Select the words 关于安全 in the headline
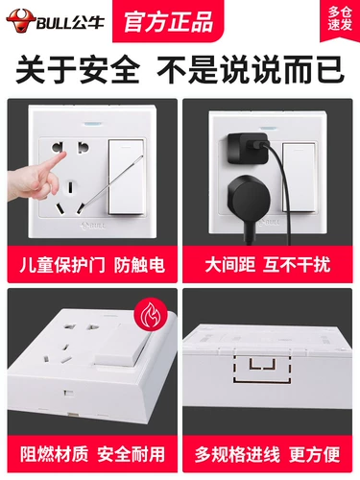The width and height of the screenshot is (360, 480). pyautogui.click(x=78, y=70)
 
